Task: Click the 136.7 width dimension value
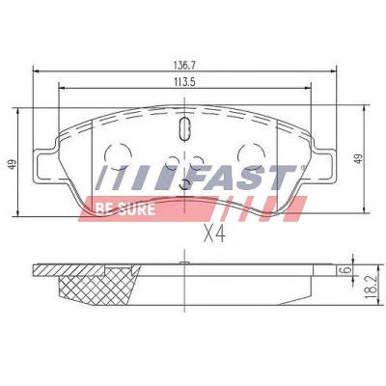click(184, 66)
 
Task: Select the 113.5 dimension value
click(184, 82)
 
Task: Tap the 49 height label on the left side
click(13, 165)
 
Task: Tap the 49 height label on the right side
click(359, 158)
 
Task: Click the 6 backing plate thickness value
click(345, 269)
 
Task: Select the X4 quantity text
click(214, 234)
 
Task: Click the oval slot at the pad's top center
click(184, 128)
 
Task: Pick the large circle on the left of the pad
click(118, 155)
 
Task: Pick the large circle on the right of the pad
click(251, 155)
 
